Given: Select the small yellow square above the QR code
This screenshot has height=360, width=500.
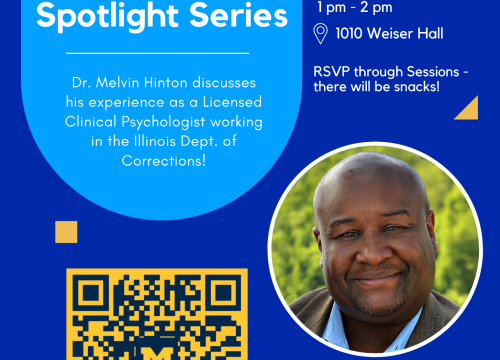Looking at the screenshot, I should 66,231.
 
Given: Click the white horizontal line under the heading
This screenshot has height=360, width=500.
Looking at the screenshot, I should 157,52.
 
